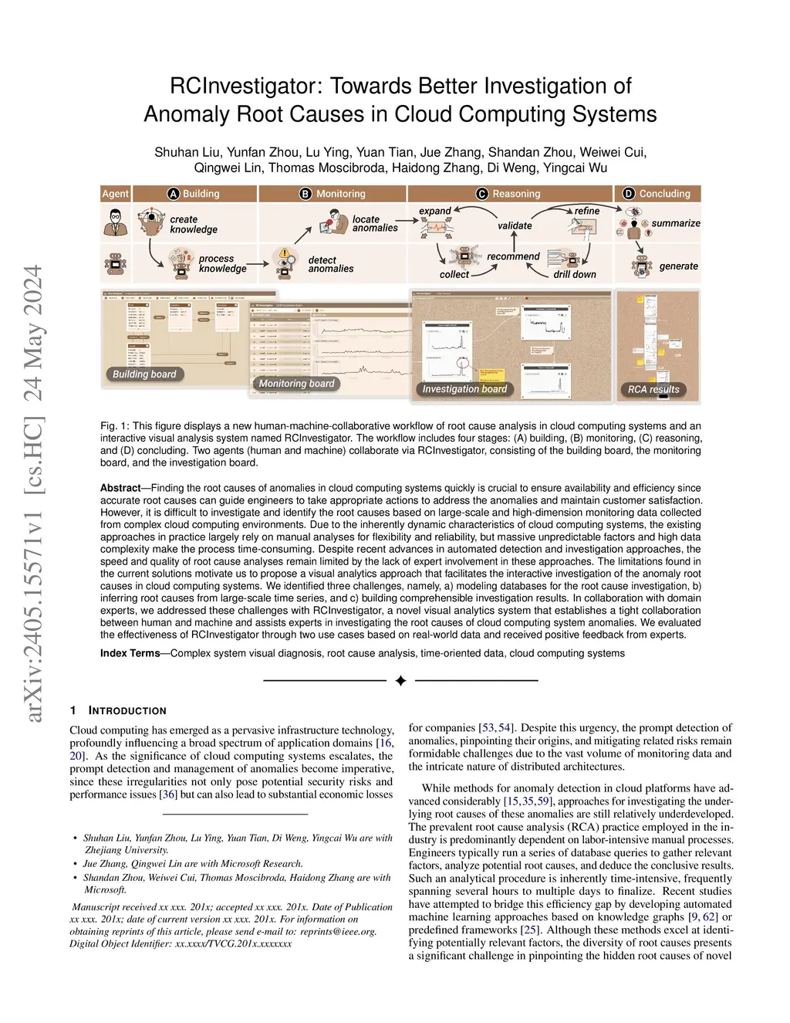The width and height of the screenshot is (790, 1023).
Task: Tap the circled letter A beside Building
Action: click(174, 194)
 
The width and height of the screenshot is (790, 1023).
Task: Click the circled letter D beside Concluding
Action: click(629, 194)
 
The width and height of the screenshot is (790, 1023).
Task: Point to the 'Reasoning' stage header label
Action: click(516, 194)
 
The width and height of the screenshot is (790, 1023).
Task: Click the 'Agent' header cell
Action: click(116, 194)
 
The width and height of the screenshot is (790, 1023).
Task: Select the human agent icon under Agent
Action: click(116, 223)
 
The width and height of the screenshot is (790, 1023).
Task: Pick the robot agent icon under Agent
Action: click(116, 265)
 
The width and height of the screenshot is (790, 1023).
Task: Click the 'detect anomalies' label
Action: click(331, 264)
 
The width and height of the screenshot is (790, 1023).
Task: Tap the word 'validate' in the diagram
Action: click(515, 225)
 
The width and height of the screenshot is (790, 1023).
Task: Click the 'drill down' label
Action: click(574, 274)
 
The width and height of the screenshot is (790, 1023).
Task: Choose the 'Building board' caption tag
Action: click(144, 374)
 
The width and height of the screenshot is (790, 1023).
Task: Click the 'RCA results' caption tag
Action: click(653, 389)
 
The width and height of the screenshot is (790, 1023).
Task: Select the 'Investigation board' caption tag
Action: click(464, 389)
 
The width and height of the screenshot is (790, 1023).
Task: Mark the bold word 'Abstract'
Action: click(120, 488)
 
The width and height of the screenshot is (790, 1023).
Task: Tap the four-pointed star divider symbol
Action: click(400, 681)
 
